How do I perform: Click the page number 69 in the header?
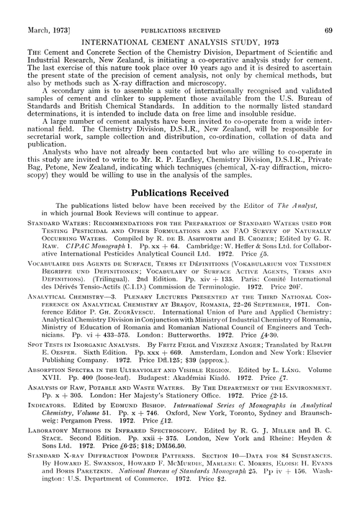(346, 8)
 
